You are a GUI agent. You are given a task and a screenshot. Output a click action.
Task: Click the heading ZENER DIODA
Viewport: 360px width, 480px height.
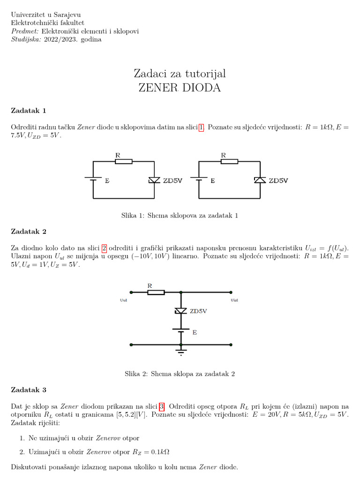(x=180, y=88)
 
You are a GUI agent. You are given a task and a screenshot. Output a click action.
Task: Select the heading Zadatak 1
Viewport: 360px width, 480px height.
(x=29, y=111)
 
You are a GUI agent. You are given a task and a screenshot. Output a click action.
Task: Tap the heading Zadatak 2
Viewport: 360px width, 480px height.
(x=29, y=232)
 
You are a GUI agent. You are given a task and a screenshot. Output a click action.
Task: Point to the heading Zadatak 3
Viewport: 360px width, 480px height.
(x=29, y=390)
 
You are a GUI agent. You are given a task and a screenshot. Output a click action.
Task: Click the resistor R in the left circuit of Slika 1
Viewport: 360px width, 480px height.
(x=124, y=161)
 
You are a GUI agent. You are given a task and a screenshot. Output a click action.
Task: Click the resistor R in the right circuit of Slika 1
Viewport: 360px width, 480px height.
(x=229, y=161)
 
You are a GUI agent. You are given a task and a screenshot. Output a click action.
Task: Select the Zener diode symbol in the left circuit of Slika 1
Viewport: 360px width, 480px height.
(x=154, y=180)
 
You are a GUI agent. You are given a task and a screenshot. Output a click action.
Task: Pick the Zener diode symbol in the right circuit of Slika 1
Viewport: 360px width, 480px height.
(x=260, y=180)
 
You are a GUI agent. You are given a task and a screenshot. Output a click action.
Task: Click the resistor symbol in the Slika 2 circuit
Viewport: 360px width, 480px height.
(x=156, y=292)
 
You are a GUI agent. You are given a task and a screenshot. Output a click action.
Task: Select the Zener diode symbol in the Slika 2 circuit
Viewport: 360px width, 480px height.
(x=180, y=311)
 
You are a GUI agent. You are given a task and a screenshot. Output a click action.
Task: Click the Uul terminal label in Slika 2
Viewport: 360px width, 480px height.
(x=124, y=300)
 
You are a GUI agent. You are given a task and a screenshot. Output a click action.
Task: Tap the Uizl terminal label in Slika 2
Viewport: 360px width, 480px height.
(x=234, y=300)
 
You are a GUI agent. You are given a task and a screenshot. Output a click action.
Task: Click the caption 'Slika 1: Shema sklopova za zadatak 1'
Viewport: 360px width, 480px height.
(x=180, y=216)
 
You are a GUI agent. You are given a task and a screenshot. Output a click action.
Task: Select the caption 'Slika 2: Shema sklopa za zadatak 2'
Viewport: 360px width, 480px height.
(x=180, y=374)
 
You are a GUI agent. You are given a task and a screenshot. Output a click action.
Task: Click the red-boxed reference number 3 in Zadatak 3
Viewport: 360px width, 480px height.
(x=162, y=406)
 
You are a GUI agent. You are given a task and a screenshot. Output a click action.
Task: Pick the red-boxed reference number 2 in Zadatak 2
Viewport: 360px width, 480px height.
(x=105, y=248)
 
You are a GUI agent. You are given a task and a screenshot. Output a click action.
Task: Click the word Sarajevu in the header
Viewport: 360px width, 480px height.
(x=67, y=15)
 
